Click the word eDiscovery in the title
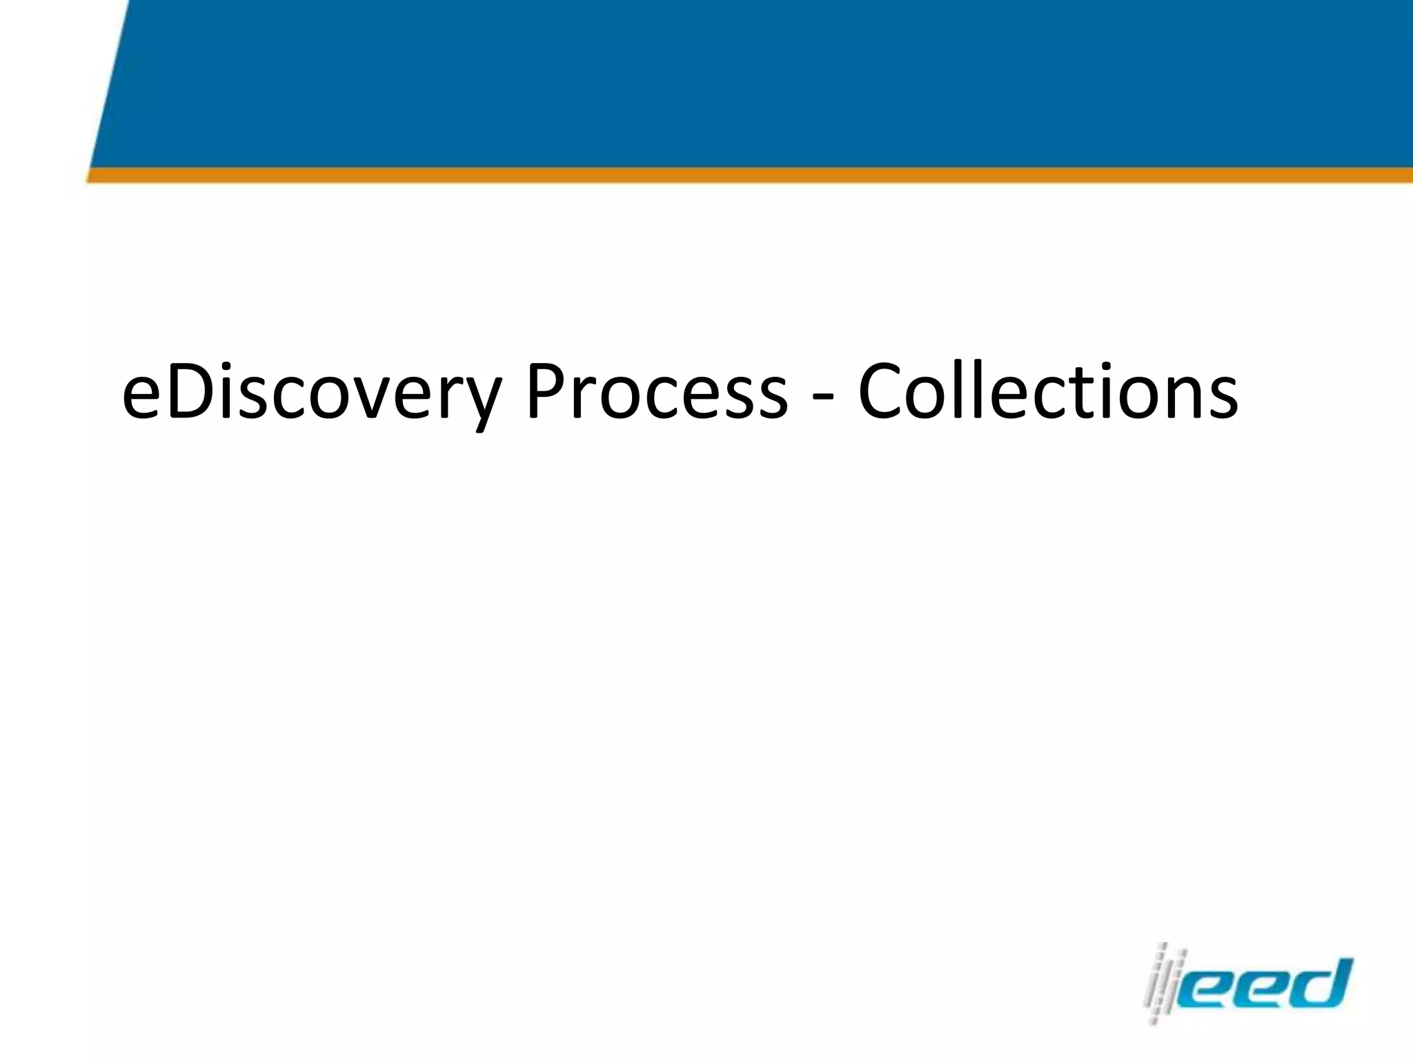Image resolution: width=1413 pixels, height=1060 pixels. tap(310, 393)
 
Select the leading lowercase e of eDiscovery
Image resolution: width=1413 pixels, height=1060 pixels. tap(141, 400)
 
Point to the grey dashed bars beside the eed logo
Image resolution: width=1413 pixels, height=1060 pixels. tap(1165, 983)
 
